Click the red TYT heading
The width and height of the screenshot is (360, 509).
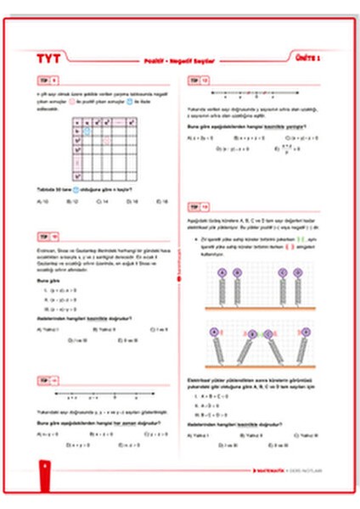50,60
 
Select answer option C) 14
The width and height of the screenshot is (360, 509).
103,202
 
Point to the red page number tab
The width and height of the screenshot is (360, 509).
42,467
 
